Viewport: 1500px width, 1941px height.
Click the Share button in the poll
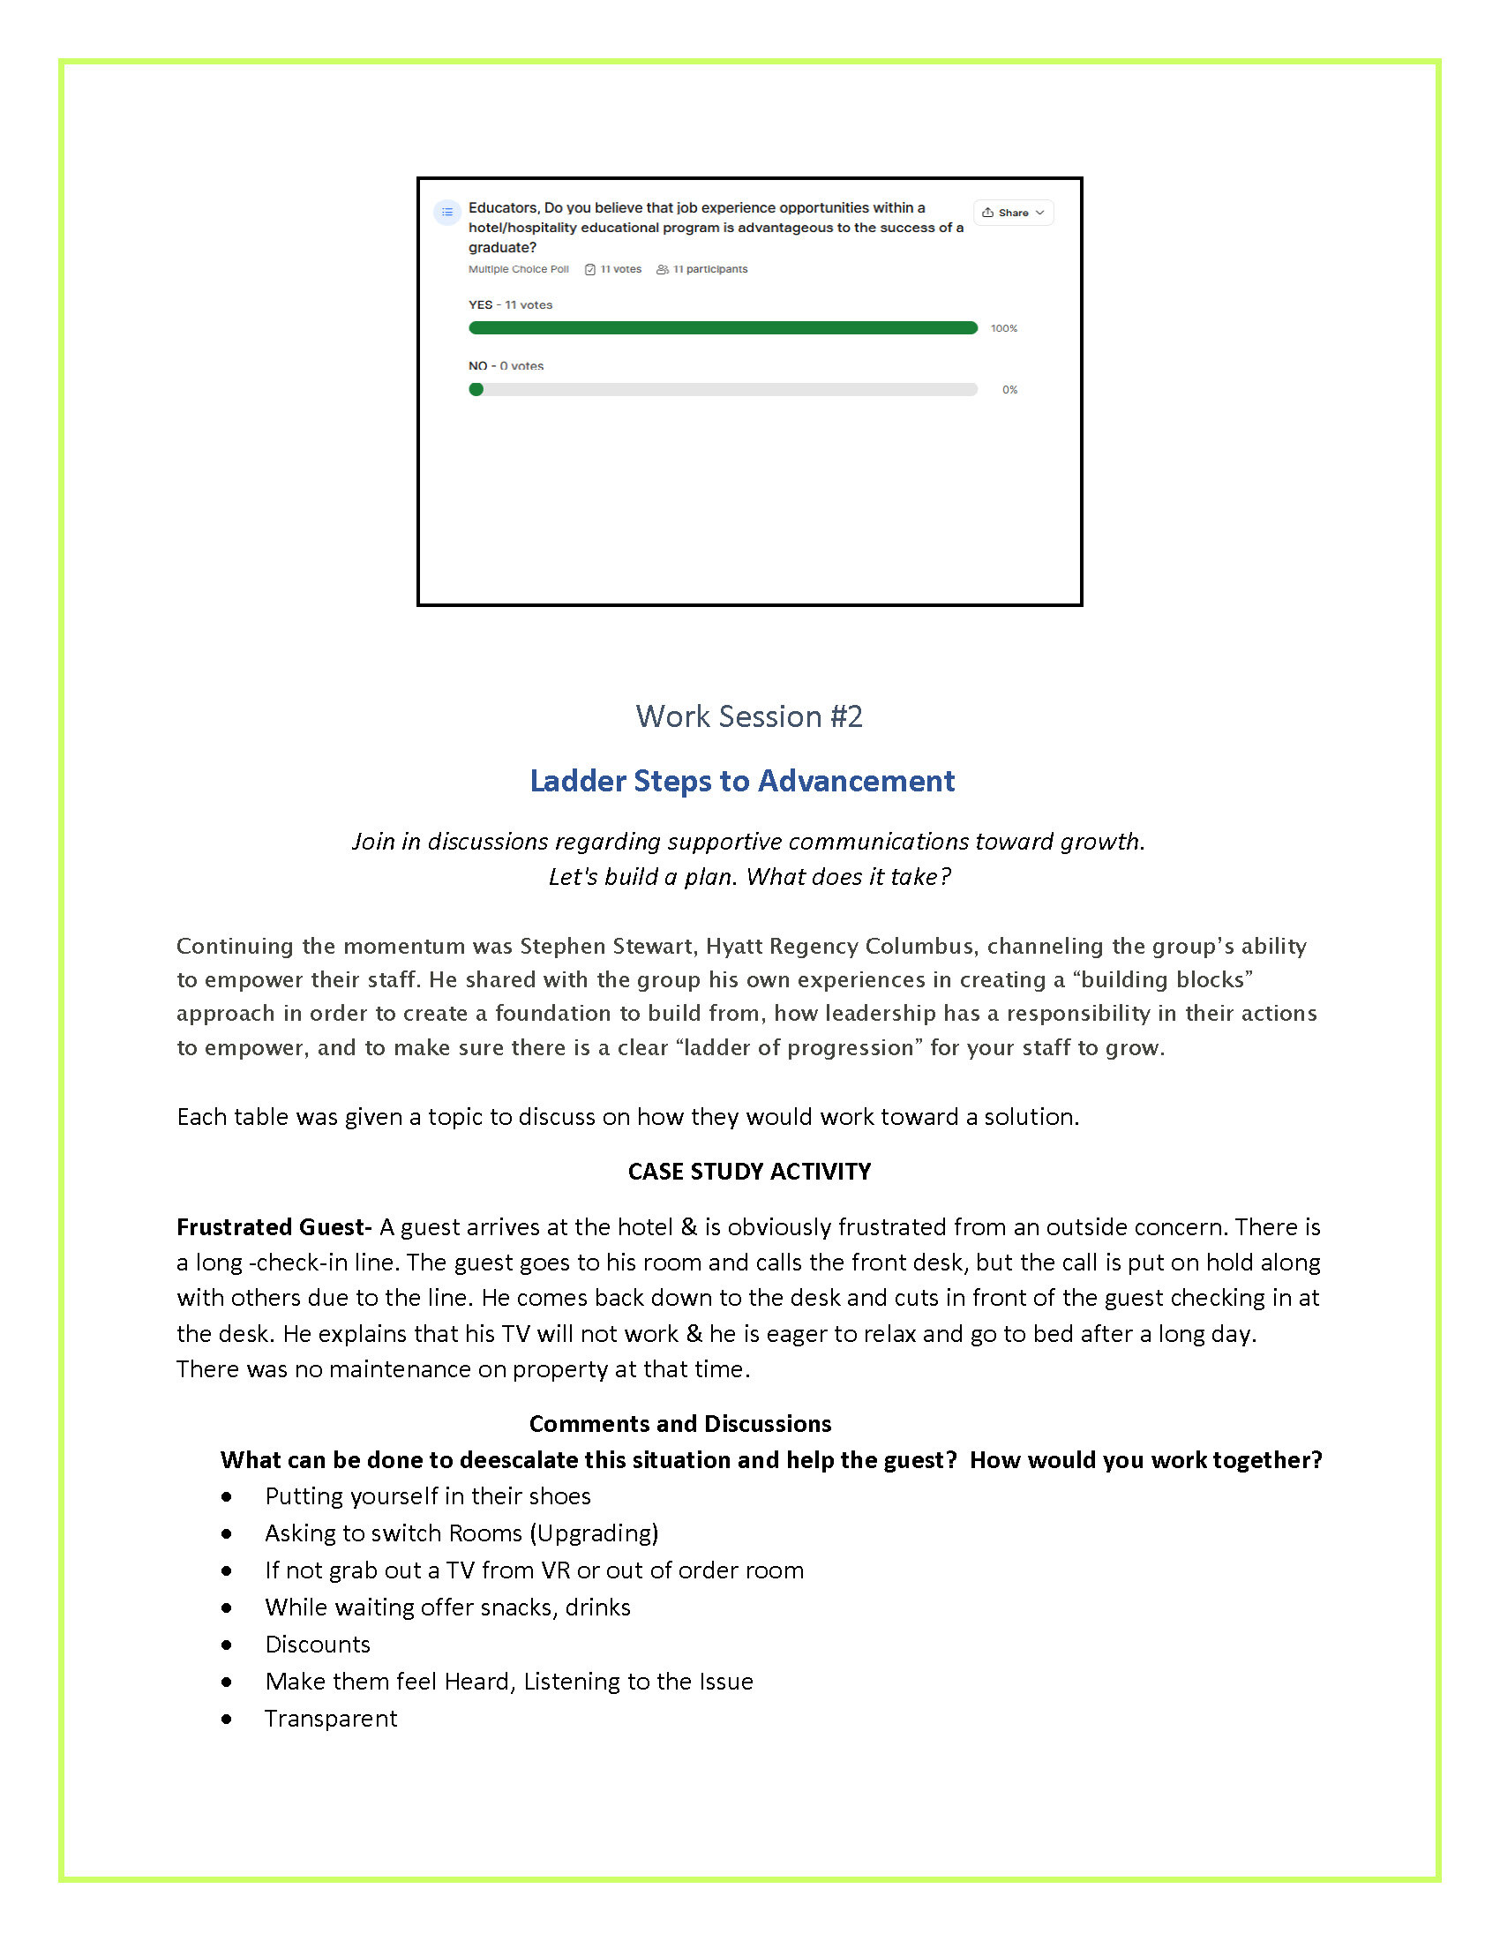click(1013, 213)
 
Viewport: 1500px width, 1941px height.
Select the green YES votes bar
click(723, 328)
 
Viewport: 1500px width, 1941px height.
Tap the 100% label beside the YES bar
click(1003, 329)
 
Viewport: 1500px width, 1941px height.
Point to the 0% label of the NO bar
click(1009, 390)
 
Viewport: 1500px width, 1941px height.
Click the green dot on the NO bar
click(476, 389)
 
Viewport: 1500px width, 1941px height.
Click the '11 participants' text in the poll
click(709, 269)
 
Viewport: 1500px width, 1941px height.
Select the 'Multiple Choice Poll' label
click(518, 269)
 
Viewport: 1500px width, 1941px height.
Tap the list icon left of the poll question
click(447, 213)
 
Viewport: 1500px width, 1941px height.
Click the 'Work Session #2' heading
click(748, 716)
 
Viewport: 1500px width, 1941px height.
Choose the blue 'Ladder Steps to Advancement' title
click(742, 780)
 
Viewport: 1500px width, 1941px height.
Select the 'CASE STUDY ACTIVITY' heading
click(749, 1172)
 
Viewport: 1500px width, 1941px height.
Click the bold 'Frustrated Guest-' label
click(274, 1227)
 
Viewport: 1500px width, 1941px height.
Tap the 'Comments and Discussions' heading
click(679, 1424)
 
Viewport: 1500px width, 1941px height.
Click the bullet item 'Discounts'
click(318, 1645)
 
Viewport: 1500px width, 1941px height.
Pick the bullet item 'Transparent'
click(331, 1718)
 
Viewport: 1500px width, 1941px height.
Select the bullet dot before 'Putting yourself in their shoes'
click(228, 1496)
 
